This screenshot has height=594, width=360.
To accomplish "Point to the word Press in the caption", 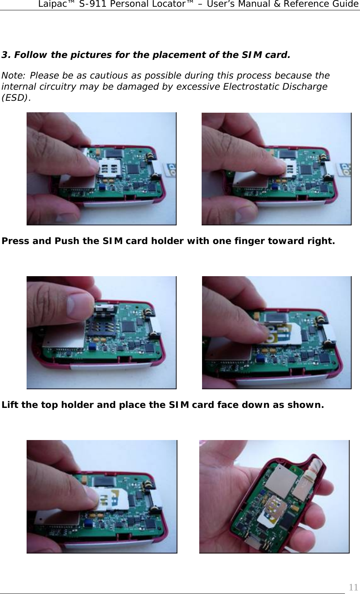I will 15,241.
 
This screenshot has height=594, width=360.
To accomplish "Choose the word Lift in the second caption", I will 10,405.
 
